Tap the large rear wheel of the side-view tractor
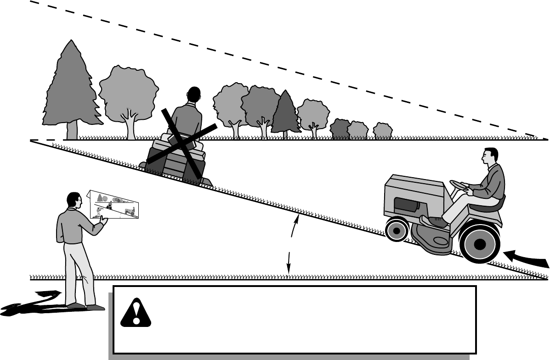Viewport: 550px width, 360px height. pyautogui.click(x=479, y=244)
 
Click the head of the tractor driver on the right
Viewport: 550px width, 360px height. pyautogui.click(x=490, y=158)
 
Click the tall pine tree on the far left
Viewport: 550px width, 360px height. pyautogui.click(x=71, y=87)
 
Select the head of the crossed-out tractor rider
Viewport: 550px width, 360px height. pyautogui.click(x=194, y=96)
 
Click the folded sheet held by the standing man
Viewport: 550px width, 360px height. pyautogui.click(x=116, y=205)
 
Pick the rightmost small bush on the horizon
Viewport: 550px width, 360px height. pyautogui.click(x=382, y=131)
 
